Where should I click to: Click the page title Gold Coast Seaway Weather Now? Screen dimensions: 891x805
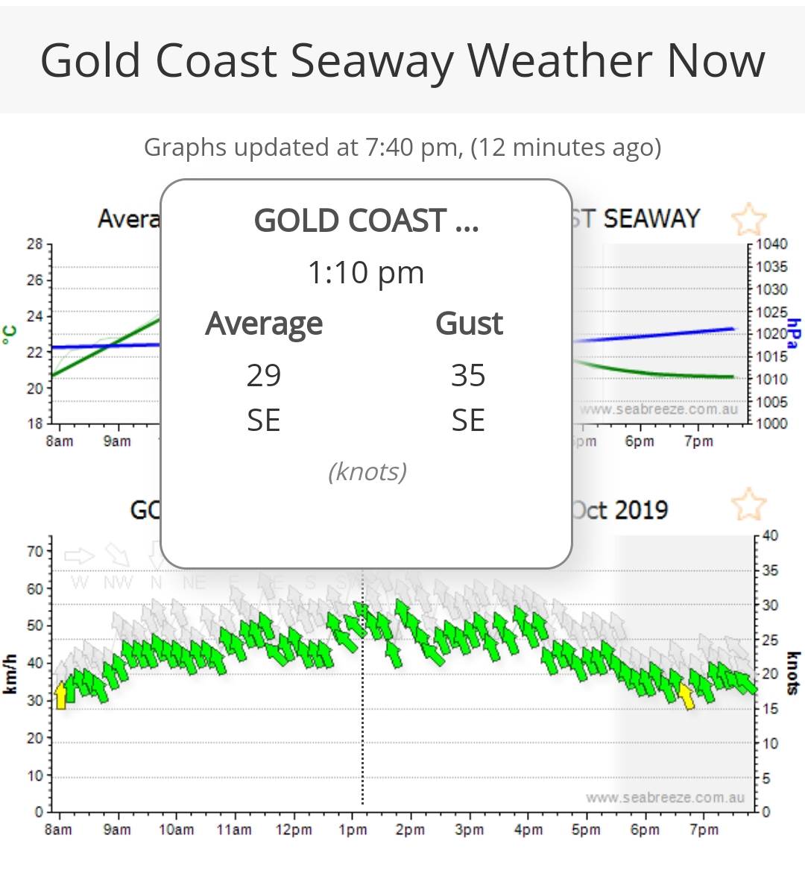point(402,60)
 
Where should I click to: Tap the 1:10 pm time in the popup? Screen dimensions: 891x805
point(366,273)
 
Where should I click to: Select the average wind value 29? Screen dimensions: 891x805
point(264,376)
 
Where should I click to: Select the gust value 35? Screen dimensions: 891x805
point(468,376)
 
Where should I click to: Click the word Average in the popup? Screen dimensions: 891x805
point(264,324)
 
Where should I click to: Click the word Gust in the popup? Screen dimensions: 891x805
point(469,324)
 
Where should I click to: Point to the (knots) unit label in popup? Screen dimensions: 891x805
point(367,471)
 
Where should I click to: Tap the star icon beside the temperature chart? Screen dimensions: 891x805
point(748,219)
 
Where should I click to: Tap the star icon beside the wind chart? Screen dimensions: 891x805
point(748,505)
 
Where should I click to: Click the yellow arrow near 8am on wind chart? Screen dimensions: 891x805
point(61,695)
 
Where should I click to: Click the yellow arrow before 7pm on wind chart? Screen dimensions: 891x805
point(686,695)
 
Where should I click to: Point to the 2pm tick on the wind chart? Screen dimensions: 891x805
point(410,829)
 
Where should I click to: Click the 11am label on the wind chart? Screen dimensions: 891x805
point(234,829)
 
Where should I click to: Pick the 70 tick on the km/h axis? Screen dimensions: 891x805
point(35,552)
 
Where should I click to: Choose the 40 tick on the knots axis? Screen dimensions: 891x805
point(771,535)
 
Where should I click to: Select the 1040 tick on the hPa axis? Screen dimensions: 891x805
point(771,244)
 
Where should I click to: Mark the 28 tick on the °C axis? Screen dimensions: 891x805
point(35,244)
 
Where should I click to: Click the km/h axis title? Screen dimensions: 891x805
point(10,674)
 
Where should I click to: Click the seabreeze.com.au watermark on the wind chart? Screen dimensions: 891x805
point(665,798)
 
